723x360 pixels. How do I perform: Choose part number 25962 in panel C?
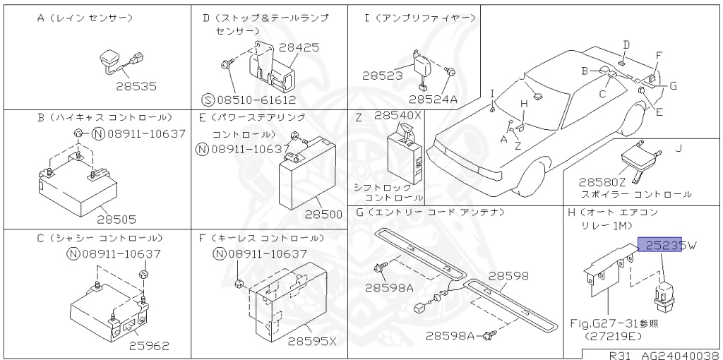tap(149, 345)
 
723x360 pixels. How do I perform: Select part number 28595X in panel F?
tap(312, 342)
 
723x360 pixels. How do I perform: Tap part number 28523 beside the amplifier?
tap(383, 75)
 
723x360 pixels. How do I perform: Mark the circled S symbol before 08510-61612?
tap(208, 100)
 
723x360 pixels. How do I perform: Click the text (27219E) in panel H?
tap(607, 336)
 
